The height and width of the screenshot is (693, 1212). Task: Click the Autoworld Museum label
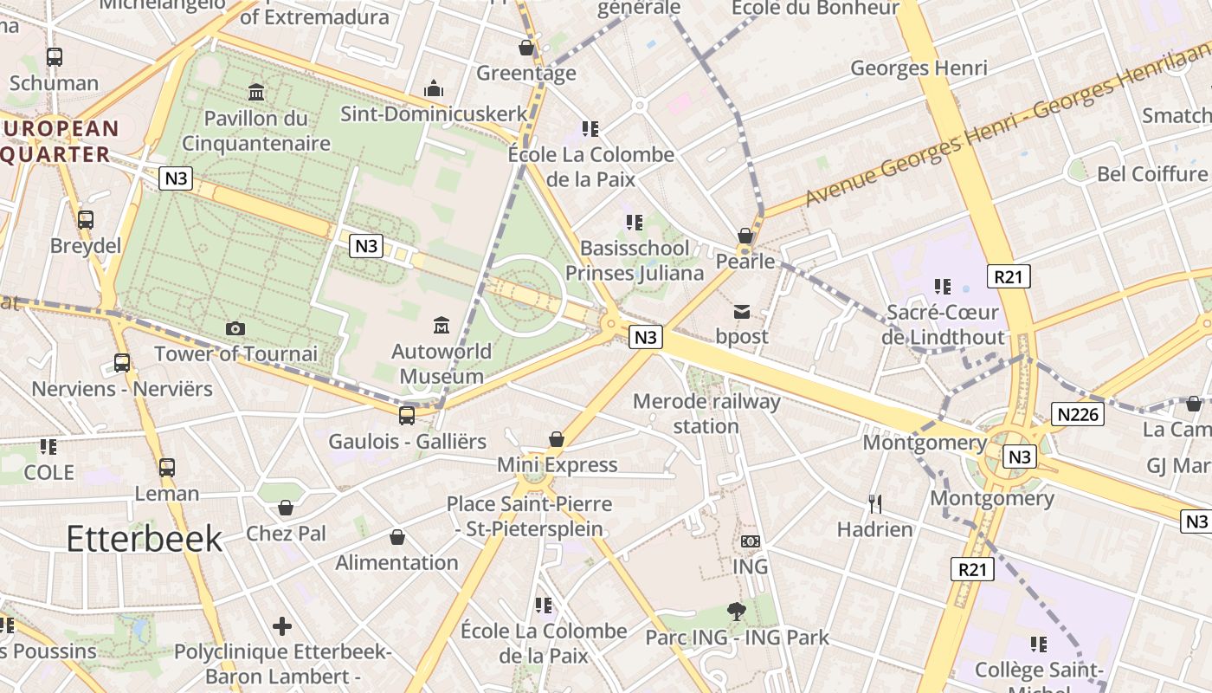pos(442,364)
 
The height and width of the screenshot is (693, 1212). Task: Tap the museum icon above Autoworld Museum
pos(442,326)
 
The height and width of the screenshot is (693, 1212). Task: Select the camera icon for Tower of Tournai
pos(235,328)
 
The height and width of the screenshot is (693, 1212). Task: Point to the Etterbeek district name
pos(145,539)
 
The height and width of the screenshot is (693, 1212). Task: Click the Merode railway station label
pos(706,413)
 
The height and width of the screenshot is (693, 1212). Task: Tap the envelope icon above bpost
pos(742,312)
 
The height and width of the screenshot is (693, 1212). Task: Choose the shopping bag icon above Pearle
pos(745,236)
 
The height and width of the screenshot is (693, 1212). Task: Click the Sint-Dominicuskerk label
pos(434,113)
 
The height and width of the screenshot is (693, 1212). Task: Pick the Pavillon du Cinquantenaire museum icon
pos(256,92)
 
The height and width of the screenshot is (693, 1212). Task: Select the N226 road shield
pos(1079,414)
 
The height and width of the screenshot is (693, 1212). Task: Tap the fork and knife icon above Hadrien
pos(875,503)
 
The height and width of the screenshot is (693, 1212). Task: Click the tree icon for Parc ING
pos(737,612)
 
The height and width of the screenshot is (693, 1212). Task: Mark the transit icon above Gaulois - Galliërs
pos(407,416)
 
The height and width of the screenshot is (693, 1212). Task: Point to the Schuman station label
pos(54,83)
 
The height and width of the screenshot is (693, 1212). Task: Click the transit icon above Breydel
pos(85,220)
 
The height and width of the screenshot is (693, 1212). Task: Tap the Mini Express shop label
pos(557,465)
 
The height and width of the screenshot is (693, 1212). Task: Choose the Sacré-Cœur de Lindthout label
pos(942,324)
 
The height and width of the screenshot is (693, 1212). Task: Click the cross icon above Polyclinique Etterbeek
pos(282,625)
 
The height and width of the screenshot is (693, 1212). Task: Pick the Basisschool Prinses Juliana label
pos(635,261)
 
